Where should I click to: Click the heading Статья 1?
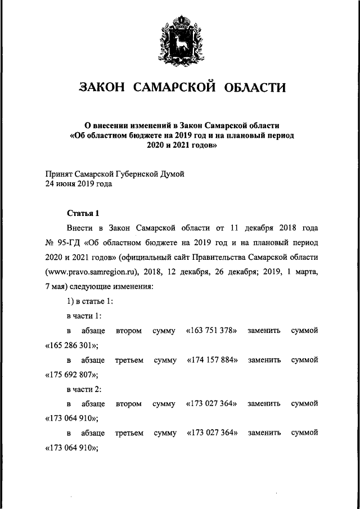[x=83, y=213]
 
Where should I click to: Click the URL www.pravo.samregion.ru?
[x=97, y=272]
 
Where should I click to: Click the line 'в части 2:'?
[x=84, y=389]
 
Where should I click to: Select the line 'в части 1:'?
[x=84, y=316]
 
